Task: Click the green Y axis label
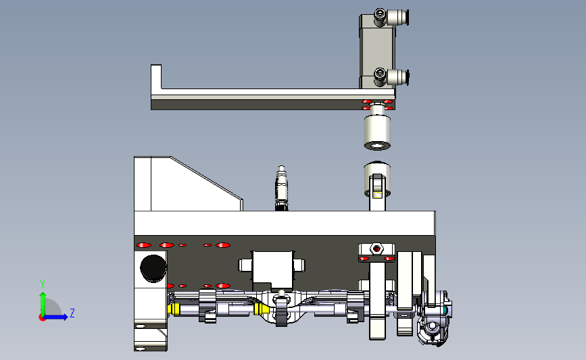[x=43, y=285]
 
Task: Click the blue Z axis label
[x=72, y=313]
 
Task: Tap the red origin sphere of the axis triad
[x=42, y=317]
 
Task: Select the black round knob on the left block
[x=153, y=269]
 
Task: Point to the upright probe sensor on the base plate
[x=281, y=188]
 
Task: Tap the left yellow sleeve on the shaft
[x=174, y=309]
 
